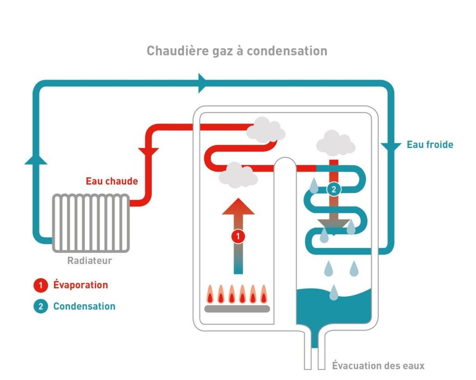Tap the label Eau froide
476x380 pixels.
coord(430,145)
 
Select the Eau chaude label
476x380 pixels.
coord(112,181)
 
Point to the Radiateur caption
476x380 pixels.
coord(90,261)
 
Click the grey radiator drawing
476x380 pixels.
coord(90,223)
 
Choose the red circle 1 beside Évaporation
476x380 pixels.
coord(40,285)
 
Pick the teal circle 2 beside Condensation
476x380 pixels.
coord(40,306)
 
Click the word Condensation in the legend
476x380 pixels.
coord(84,306)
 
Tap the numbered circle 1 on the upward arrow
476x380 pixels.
coord(238,237)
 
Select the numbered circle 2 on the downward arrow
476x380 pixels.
coord(333,189)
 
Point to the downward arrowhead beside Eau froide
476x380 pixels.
coord(391,146)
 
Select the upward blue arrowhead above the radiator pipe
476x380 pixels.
coord(36,159)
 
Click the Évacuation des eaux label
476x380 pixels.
coord(378,366)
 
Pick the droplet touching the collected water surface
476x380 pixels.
coord(334,292)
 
